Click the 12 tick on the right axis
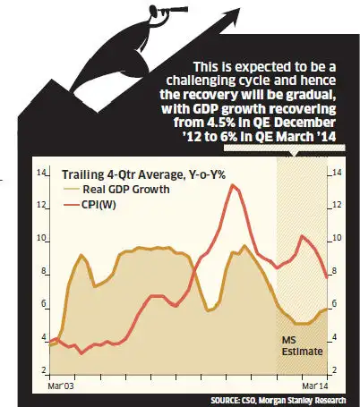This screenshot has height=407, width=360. (335, 205)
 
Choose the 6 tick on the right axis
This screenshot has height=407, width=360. (336, 304)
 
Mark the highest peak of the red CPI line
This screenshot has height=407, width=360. (234, 185)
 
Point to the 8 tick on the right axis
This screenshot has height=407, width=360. (336, 271)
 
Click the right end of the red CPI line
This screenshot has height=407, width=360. (325, 276)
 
